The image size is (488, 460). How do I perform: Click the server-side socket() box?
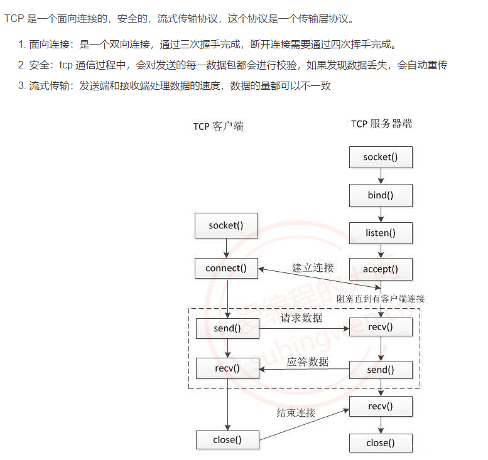[381, 157]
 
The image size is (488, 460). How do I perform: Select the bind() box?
[381, 195]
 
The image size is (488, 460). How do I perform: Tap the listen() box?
[381, 233]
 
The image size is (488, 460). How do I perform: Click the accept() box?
[381, 269]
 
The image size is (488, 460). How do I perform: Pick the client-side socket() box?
[226, 225]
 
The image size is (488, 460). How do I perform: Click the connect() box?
[226, 268]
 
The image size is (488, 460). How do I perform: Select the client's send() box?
[227, 328]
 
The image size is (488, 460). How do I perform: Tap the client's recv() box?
[227, 368]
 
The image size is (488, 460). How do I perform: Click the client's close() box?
[227, 439]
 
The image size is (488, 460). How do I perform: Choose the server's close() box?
[381, 443]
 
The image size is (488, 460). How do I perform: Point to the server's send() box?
[381, 370]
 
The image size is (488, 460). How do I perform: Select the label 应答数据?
[308, 361]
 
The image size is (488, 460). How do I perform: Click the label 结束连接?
[296, 413]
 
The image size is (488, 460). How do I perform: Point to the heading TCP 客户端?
[218, 126]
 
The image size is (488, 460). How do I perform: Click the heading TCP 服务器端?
[381, 124]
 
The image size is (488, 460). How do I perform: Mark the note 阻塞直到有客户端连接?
[381, 299]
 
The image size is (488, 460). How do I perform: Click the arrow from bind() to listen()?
[381, 214]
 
